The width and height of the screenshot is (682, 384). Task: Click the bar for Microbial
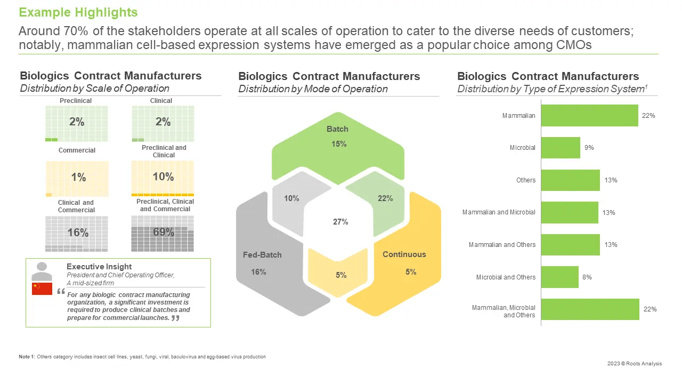tap(561, 148)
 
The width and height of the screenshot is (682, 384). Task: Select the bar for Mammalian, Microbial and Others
tap(590, 309)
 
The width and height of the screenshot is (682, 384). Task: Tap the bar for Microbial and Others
tap(559, 277)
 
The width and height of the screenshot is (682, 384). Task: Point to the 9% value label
tap(589, 148)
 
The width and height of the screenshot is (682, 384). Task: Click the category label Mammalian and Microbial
tap(499, 212)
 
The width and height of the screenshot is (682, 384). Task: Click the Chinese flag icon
tap(42, 289)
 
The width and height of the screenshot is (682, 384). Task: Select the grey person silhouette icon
tap(42, 271)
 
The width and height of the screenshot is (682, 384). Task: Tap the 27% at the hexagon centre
tap(340, 222)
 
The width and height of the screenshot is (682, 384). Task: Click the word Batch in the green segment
tap(337, 129)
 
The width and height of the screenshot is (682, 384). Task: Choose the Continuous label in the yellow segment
tap(404, 254)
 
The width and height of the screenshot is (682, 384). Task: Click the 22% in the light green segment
tap(385, 198)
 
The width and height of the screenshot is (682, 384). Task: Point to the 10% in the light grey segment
tap(291, 198)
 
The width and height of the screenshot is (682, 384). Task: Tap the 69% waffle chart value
tap(163, 232)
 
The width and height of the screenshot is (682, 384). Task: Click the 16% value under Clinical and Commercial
tap(77, 233)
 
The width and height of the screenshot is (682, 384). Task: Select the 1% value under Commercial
tap(78, 178)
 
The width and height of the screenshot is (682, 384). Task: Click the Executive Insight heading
tap(99, 267)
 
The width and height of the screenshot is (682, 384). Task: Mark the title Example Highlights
tap(78, 12)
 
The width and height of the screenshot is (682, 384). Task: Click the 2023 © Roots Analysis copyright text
tap(635, 364)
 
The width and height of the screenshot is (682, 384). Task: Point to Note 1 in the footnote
tap(27, 356)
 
